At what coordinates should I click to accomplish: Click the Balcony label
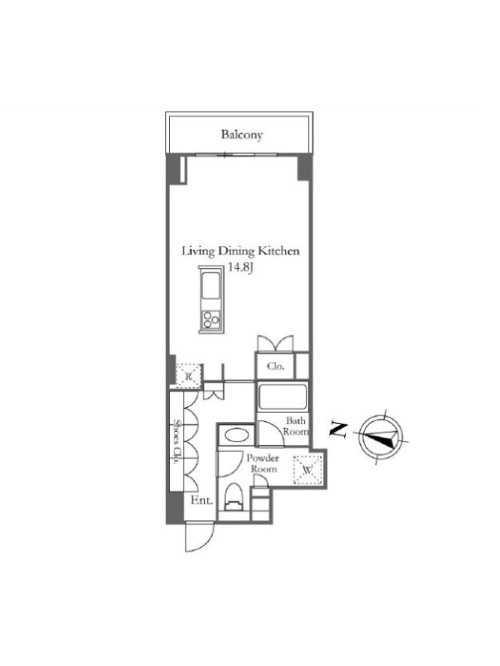click(x=242, y=135)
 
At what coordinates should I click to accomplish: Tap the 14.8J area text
click(x=241, y=267)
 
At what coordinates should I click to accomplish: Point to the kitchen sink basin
click(x=211, y=286)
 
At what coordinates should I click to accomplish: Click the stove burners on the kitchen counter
click(x=212, y=319)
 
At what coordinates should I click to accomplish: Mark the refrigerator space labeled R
click(x=188, y=375)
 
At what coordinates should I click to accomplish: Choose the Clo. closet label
click(x=276, y=366)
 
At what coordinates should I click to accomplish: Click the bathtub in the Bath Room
click(x=282, y=397)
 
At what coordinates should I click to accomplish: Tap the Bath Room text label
click(x=296, y=426)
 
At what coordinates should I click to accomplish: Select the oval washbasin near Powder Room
click(x=237, y=435)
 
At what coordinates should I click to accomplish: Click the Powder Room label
click(x=263, y=464)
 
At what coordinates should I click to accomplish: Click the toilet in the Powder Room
click(x=232, y=498)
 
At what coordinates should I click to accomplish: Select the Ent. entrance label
click(x=202, y=500)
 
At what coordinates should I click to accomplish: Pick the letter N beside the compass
click(x=338, y=430)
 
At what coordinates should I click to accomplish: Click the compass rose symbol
click(x=381, y=436)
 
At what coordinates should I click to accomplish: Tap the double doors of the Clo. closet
click(x=276, y=343)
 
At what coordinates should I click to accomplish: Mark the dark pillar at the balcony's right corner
click(x=304, y=167)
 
